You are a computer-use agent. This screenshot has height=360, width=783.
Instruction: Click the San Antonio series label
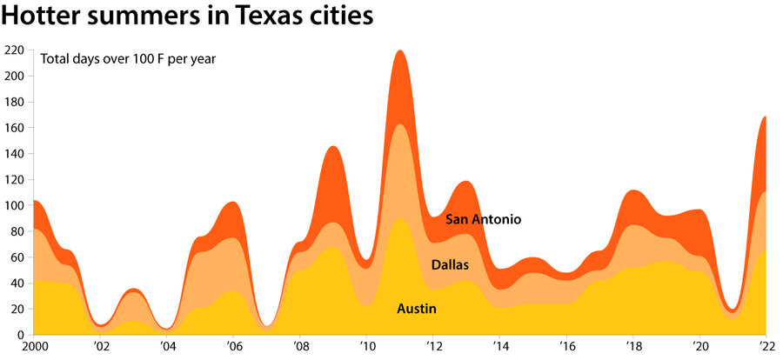pyautogui.click(x=483, y=219)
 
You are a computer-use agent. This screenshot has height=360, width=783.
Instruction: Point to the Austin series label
pyautogui.click(x=416, y=309)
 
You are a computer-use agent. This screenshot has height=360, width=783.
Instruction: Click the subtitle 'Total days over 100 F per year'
pyautogui.click(x=128, y=59)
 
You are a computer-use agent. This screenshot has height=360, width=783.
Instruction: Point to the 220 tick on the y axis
pyautogui.click(x=15, y=50)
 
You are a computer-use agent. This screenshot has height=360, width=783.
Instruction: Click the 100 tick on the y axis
pyautogui.click(x=15, y=205)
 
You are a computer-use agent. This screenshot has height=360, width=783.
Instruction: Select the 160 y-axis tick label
pyautogui.click(x=15, y=128)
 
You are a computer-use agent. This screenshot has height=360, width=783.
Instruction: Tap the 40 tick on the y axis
pyautogui.click(x=17, y=283)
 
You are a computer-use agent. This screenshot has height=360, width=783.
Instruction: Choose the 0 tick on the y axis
pyautogui.click(x=21, y=335)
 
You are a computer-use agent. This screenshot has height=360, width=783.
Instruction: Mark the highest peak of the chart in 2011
pyautogui.click(x=400, y=51)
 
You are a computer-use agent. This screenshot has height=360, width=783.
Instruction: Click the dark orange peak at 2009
pyautogui.click(x=333, y=148)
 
